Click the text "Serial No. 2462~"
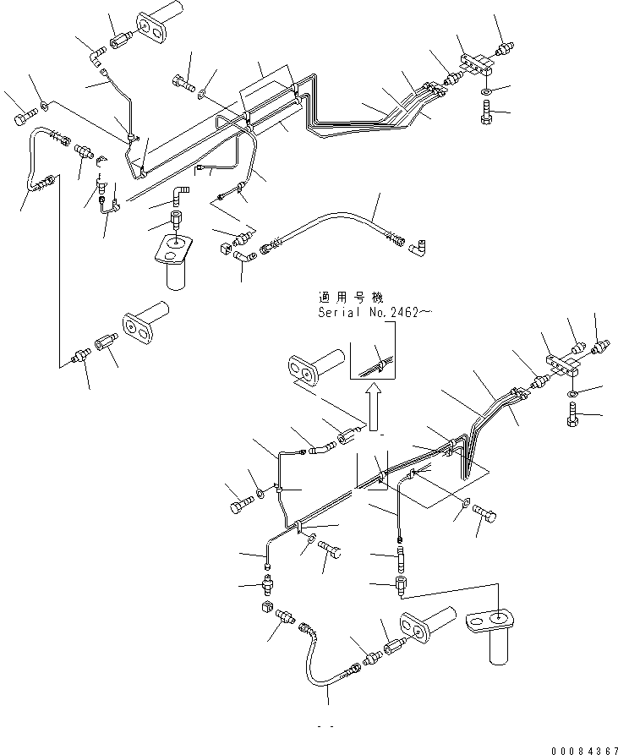375,312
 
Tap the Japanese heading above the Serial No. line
351,296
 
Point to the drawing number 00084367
584,751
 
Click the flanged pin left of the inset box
316,366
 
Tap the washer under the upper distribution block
487,91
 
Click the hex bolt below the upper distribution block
485,112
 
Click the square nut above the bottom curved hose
267,607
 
